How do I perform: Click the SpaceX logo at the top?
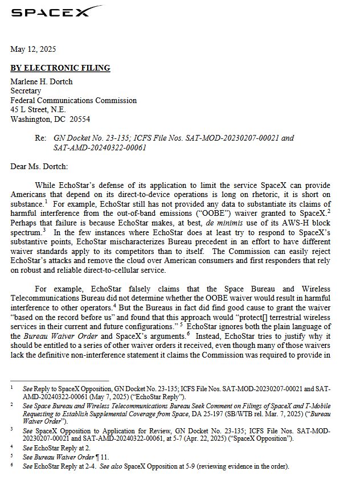click(x=56, y=12)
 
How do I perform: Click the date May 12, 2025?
click(x=33, y=50)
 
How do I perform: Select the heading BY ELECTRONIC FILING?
click(x=60, y=68)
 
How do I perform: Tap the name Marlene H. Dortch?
click(x=42, y=81)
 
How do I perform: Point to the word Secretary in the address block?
click(x=26, y=91)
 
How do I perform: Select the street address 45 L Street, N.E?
click(x=38, y=110)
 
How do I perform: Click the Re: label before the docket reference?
click(x=40, y=138)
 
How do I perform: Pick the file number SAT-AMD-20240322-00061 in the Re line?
click(x=100, y=147)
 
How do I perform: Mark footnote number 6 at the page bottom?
click(x=12, y=465)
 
